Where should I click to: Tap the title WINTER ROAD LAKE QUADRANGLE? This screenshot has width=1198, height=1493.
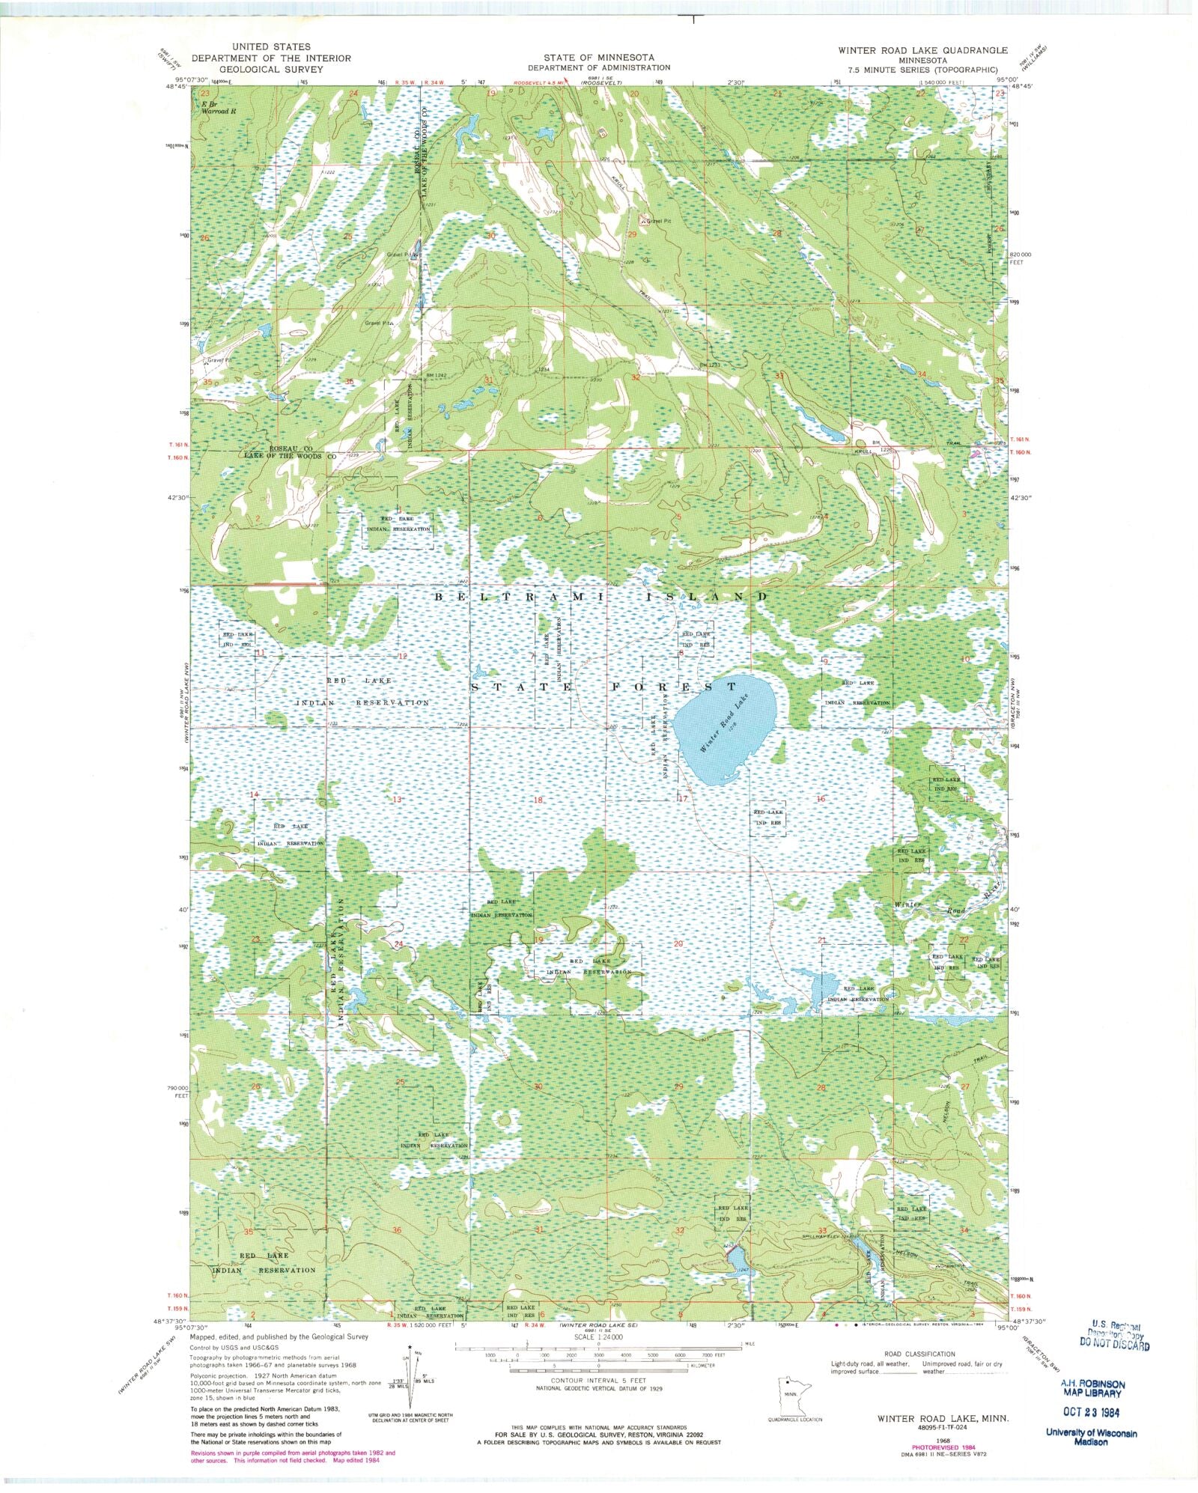[922, 50]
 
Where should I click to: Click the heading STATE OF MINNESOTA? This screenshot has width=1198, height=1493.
[598, 58]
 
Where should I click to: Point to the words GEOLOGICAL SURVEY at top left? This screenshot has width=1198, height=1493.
[270, 69]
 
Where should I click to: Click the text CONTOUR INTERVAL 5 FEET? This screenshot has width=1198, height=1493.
[598, 1380]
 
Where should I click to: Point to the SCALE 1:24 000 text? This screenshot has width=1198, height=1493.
[598, 1337]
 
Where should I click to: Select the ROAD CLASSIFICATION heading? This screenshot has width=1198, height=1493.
[919, 1354]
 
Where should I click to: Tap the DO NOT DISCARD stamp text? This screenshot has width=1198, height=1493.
[1114, 1345]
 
